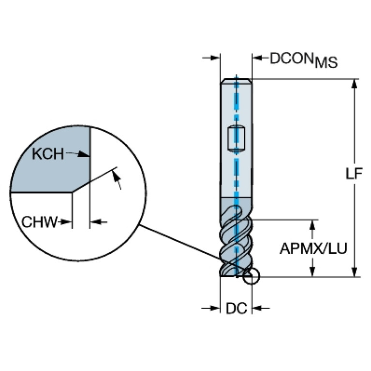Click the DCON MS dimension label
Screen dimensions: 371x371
click(304, 60)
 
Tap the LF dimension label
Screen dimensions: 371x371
click(354, 174)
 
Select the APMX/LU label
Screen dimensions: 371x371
click(313, 249)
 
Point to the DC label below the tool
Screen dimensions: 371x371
click(237, 309)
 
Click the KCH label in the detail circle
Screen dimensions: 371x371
click(48, 154)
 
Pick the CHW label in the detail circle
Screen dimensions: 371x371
click(40, 222)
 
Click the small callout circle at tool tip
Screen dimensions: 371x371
click(251, 276)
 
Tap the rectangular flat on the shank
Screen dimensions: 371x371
click(236, 139)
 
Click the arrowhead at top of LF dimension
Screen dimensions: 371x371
click(354, 84)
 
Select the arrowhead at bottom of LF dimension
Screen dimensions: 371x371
click(354, 272)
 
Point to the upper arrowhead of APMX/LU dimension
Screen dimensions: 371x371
click(312, 225)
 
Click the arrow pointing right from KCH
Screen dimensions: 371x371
click(77, 154)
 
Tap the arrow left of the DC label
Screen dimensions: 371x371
click(211, 308)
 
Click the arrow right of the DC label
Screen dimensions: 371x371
click(261, 308)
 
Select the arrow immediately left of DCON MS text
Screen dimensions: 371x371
click(260, 58)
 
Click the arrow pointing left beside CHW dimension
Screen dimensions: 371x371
click(99, 222)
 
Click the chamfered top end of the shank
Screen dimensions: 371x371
click(236, 81)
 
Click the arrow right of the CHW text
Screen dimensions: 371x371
click(65, 222)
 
